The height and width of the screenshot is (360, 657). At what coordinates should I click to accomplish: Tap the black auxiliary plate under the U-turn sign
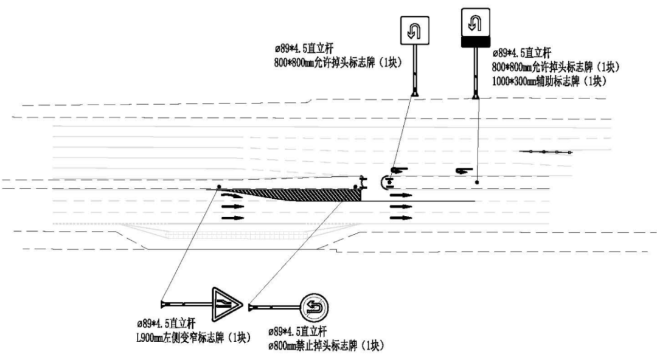pyautogui.click(x=474, y=41)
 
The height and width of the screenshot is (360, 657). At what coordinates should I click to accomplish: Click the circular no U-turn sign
pyautogui.click(x=315, y=304)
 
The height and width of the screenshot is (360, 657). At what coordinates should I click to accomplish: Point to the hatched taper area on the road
pyautogui.click(x=304, y=193)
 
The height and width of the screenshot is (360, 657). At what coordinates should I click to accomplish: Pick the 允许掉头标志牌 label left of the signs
pyautogui.click(x=338, y=62)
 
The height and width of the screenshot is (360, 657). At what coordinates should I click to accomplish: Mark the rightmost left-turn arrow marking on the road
pyautogui.click(x=465, y=170)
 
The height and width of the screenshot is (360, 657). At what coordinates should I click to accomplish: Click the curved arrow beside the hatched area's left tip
pyautogui.click(x=232, y=195)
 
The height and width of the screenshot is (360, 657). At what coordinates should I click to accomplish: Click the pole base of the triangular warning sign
pyautogui.click(x=163, y=303)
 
